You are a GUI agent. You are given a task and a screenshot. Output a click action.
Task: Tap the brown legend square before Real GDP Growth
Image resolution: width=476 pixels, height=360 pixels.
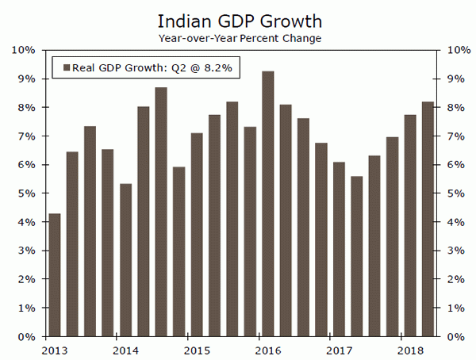point(66,67)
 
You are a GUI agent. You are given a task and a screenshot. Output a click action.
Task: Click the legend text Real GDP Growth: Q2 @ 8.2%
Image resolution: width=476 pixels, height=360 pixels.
point(152,67)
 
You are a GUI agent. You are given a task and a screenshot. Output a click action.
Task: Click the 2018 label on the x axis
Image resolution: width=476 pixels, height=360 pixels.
point(409,350)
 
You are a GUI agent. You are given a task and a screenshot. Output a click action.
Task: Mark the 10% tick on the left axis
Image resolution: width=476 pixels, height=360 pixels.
point(23,50)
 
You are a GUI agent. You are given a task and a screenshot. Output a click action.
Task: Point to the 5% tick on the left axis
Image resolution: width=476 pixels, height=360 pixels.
point(25,193)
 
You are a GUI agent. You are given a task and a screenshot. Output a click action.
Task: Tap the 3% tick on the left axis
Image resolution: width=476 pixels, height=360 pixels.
point(25,251)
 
